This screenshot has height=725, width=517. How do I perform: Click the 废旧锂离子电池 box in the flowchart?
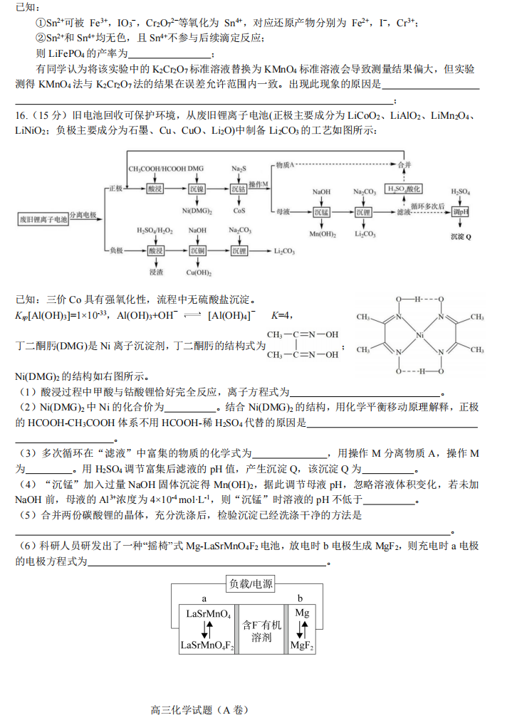click(43, 220)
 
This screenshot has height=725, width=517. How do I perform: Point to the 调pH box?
click(461, 212)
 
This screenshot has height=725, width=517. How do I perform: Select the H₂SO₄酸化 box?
click(404, 189)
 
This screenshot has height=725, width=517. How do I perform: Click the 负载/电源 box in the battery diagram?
click(250, 584)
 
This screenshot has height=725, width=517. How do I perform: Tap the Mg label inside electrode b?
click(302, 613)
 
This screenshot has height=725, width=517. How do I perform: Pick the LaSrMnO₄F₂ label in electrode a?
click(207, 645)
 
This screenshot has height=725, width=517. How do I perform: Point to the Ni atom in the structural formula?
click(420, 334)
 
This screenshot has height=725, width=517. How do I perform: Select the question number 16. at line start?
click(21, 116)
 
